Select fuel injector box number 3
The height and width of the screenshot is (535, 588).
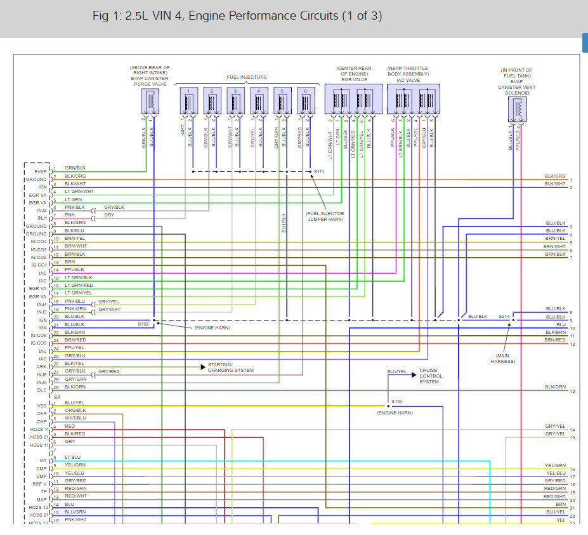tap(235, 100)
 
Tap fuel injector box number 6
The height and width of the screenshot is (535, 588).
tap(306, 100)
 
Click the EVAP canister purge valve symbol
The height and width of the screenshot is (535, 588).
tap(150, 102)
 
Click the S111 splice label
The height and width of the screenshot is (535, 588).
tap(319, 172)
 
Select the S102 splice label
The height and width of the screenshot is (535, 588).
tap(143, 324)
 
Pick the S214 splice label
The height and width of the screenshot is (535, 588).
tap(504, 315)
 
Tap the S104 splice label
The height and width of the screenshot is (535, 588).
tap(397, 401)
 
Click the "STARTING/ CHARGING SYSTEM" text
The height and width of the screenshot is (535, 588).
tap(230, 367)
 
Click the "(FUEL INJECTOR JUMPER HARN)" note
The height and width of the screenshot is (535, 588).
tap(325, 216)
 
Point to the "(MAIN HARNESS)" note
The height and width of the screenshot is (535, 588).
tap(504, 359)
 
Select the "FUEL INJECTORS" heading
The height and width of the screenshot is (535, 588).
tap(247, 77)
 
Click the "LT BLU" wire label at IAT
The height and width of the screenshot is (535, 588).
tap(72, 457)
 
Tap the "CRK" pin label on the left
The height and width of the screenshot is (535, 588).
tap(42, 366)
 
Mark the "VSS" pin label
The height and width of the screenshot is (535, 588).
tap(42, 406)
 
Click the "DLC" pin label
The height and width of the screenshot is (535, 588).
tap(42, 390)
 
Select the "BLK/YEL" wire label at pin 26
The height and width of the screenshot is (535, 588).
tap(74, 363)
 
